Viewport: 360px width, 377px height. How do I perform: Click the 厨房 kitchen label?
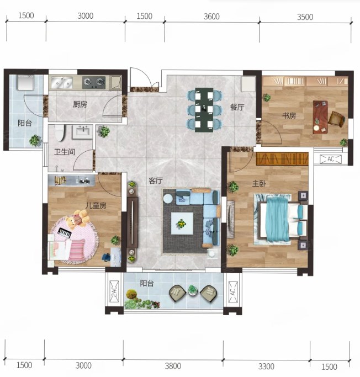click(80, 104)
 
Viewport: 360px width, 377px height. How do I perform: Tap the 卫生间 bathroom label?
click(65, 152)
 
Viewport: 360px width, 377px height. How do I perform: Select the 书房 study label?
click(289, 116)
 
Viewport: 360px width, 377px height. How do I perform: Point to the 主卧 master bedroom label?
click(259, 184)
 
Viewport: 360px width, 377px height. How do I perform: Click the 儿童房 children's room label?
click(96, 205)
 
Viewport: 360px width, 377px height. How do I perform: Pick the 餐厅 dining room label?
click(237, 107)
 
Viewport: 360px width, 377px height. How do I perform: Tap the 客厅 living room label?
click(156, 180)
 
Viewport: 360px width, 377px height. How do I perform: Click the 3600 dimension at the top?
click(211, 17)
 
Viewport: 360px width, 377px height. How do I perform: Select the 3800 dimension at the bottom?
click(173, 366)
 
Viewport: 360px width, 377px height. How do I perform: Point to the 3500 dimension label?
click(305, 17)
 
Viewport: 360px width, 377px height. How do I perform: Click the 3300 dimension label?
click(266, 367)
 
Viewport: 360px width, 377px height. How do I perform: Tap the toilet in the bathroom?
click(60, 133)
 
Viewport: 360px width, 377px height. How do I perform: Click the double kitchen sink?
click(62, 82)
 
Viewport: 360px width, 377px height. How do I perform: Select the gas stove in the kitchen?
click(94, 82)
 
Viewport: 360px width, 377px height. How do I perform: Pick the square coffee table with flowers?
click(182, 224)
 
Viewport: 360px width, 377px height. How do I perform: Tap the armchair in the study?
click(337, 119)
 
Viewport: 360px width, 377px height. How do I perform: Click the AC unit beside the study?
click(331, 159)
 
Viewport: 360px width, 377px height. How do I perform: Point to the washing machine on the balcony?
click(25, 82)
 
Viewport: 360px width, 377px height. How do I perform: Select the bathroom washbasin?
click(83, 132)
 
